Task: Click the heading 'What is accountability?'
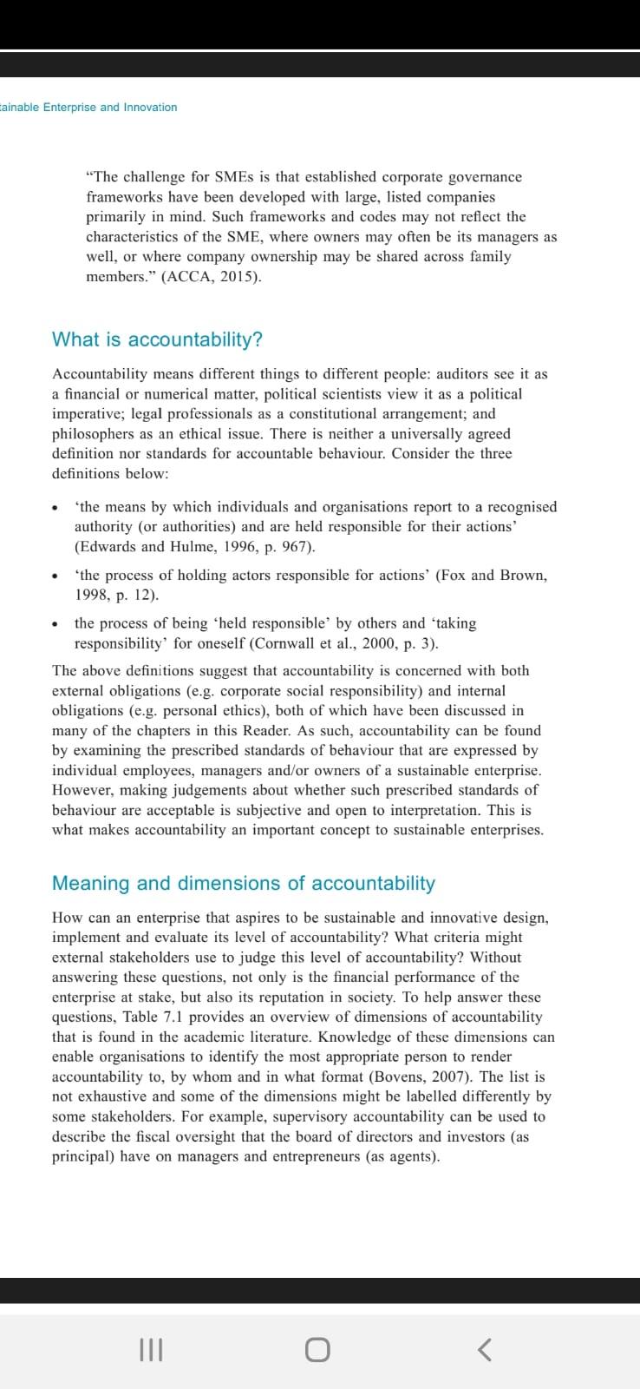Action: tap(157, 339)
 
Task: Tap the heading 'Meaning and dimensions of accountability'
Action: tap(244, 883)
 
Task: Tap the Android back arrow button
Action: tap(486, 1349)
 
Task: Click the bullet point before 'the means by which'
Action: tap(56, 508)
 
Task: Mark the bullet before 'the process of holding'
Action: tap(56, 576)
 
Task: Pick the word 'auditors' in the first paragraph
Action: tap(462, 374)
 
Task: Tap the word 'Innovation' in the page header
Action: tap(150, 108)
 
